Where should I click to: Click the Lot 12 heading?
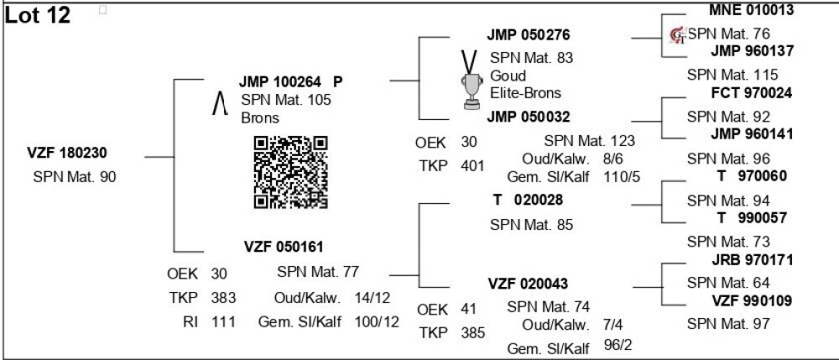click(x=38, y=15)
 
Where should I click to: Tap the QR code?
click(x=290, y=172)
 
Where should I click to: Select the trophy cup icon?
click(x=471, y=81)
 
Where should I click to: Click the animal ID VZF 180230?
click(x=67, y=153)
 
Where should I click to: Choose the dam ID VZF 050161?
click(x=284, y=247)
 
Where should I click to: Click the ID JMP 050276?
click(x=529, y=35)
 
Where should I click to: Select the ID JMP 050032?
click(x=529, y=117)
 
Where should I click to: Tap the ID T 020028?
click(x=528, y=200)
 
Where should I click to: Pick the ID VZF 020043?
click(x=528, y=284)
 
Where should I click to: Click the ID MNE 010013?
click(x=751, y=9)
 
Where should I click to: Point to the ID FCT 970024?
click(x=752, y=93)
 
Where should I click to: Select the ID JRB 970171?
click(x=753, y=260)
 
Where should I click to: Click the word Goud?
click(x=508, y=76)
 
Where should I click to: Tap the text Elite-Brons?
click(x=525, y=93)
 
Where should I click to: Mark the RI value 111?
click(x=222, y=321)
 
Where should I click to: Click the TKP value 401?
click(x=472, y=166)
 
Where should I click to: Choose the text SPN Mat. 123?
click(x=589, y=141)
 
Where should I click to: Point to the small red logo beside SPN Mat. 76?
click(x=678, y=34)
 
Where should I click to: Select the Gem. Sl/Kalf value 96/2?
click(x=618, y=345)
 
